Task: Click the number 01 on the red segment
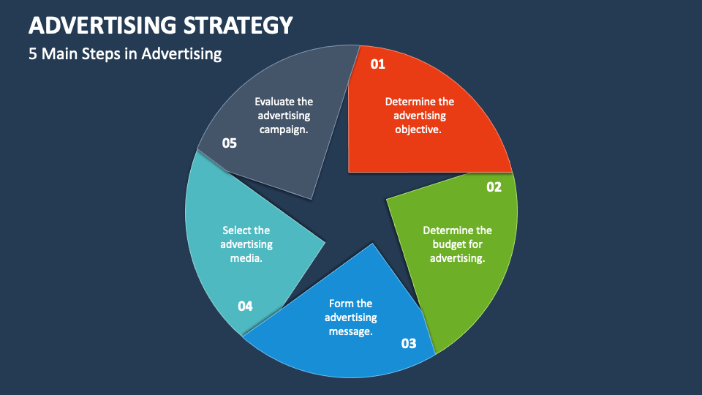[377, 64]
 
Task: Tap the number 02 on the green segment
[494, 187]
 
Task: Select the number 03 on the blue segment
[409, 343]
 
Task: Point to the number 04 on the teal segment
[245, 306]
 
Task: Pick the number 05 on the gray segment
[230, 143]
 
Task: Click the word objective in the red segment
[418, 129]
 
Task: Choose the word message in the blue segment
[351, 331]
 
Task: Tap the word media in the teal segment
[246, 258]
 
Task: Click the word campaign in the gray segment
[283, 129]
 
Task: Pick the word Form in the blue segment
[340, 304]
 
